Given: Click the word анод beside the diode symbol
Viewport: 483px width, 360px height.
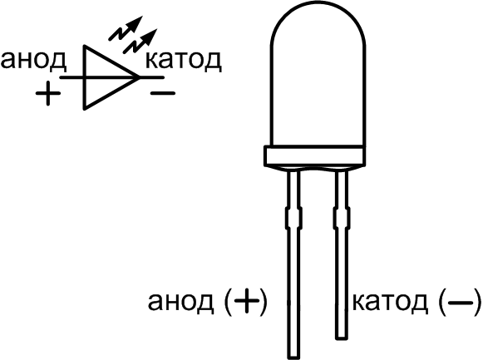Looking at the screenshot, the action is (33, 60).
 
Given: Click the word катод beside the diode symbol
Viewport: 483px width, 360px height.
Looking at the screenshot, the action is (183, 60).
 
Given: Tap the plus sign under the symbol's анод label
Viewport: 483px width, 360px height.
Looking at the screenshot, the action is (47, 94).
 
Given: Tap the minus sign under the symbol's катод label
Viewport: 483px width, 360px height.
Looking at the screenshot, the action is (163, 92).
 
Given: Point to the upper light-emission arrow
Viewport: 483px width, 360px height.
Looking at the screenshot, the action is (126, 28).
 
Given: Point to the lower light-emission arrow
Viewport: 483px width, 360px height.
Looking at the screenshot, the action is (140, 42).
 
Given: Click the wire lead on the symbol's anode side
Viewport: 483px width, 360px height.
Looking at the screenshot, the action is (71, 77).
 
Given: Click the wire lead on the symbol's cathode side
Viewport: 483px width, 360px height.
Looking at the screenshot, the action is (151, 77).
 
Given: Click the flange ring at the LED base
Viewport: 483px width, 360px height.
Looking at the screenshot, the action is (314, 156).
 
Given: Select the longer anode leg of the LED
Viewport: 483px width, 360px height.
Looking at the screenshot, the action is (293, 265).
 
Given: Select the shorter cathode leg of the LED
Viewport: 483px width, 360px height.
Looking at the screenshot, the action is (342, 255).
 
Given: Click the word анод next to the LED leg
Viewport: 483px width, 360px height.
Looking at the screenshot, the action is (180, 302).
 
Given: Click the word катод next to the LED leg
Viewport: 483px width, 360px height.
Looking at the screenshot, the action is (390, 302).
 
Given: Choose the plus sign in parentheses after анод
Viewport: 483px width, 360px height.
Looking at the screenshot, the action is (246, 302).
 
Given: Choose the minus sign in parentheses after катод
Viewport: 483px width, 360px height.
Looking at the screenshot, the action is (460, 303).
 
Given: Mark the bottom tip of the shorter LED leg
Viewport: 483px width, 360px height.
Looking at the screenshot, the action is (342, 339).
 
